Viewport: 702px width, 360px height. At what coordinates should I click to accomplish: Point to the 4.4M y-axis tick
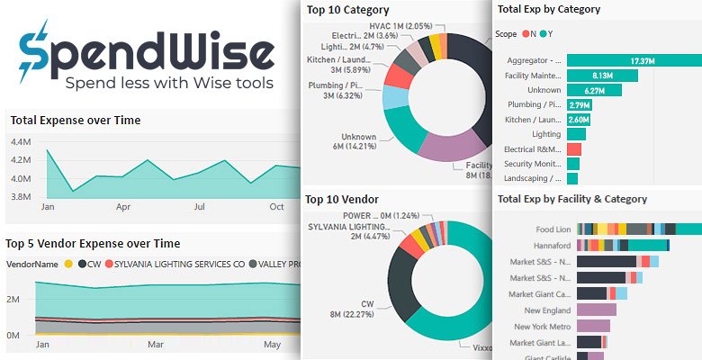(x=21, y=141)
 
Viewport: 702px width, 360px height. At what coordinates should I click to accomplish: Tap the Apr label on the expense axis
(x=122, y=206)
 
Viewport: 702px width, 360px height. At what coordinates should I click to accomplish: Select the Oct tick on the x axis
(x=277, y=206)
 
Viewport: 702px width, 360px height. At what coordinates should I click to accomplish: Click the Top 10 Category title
(x=347, y=11)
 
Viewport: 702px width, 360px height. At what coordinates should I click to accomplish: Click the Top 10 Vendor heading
(x=341, y=199)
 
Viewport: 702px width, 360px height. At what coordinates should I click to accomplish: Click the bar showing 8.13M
(x=602, y=76)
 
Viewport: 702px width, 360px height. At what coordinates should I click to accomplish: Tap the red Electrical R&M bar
(x=574, y=149)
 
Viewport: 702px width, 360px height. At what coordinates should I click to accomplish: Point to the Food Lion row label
(x=553, y=229)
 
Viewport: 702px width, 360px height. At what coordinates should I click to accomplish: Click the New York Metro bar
(x=595, y=326)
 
